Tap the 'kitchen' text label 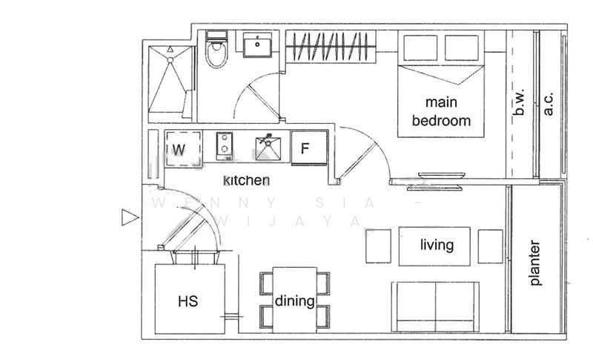pos(247,180)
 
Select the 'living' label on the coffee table pos(437,246)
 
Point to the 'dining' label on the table pos(294,302)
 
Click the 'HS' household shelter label pos(188,302)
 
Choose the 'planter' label pos(536,263)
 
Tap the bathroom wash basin pos(259,45)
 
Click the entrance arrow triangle pos(130,217)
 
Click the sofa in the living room pos(435,306)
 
